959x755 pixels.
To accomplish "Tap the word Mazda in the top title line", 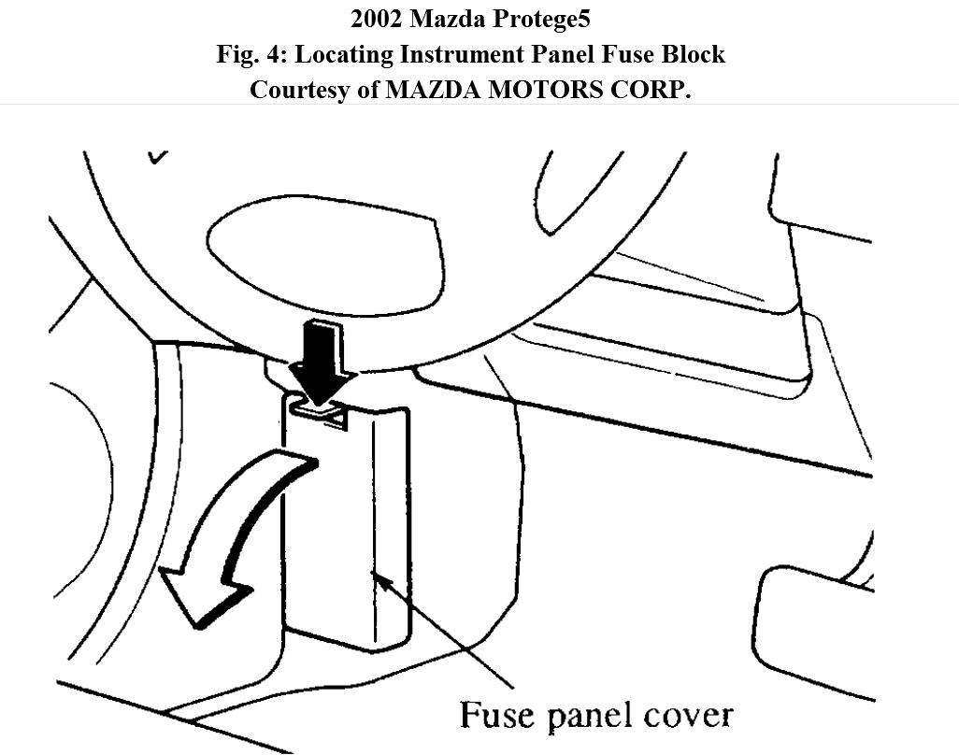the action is pos(458,19).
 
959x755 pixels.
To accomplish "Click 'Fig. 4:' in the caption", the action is pos(252,55).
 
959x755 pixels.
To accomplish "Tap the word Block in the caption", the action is pos(693,54).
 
